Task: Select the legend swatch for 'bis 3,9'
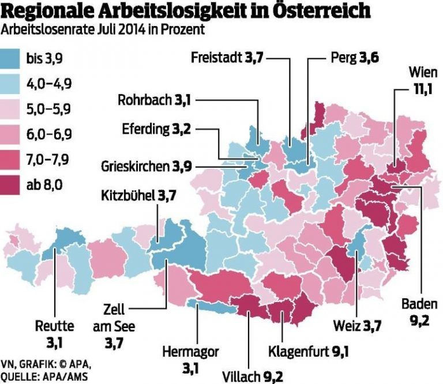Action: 12,58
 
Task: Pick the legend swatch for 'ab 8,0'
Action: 12,185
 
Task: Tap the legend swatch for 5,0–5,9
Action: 12,109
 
